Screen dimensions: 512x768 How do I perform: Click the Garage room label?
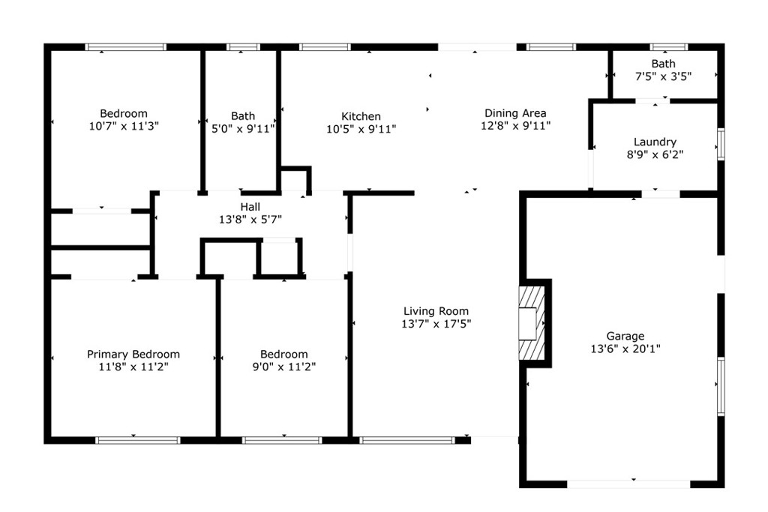(x=625, y=337)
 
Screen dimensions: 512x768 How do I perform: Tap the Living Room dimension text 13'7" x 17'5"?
(x=436, y=324)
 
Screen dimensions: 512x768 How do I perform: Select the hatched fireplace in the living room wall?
(x=529, y=323)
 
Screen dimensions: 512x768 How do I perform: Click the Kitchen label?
(x=361, y=116)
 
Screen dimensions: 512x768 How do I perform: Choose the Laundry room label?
(x=655, y=142)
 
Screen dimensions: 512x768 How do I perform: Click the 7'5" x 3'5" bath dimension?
(x=663, y=76)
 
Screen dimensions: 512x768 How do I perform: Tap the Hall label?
(x=250, y=207)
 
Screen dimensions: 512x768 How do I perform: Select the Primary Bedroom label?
(x=133, y=355)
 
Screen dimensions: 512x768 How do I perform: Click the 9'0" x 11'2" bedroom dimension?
(x=283, y=367)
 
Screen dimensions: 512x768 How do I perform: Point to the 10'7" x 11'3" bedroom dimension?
(x=124, y=126)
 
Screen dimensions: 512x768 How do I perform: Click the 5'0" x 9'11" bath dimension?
(x=242, y=128)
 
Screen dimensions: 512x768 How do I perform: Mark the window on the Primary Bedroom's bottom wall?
(x=137, y=440)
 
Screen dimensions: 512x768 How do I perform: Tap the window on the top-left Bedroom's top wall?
(x=125, y=47)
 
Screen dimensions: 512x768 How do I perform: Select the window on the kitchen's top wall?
(x=324, y=47)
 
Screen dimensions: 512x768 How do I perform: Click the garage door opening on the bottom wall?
(x=628, y=484)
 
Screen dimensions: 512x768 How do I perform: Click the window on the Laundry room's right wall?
(x=721, y=143)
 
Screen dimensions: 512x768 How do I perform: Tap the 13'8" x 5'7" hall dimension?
(x=250, y=219)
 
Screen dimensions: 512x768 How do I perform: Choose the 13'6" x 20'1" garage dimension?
(x=625, y=349)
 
